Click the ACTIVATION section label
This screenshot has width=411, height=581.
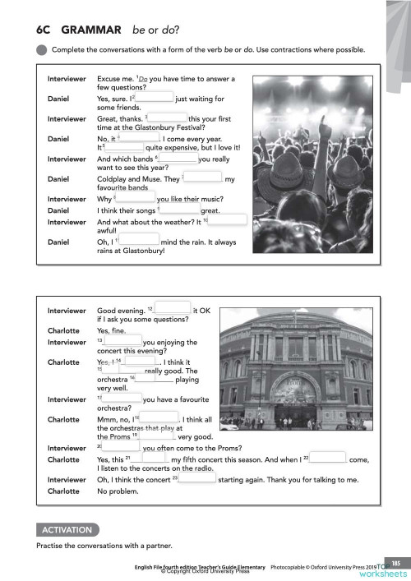pyautogui.click(x=62, y=526)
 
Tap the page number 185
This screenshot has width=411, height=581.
pyautogui.click(x=396, y=561)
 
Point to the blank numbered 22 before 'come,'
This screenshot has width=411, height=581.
pyautogui.click(x=328, y=459)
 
